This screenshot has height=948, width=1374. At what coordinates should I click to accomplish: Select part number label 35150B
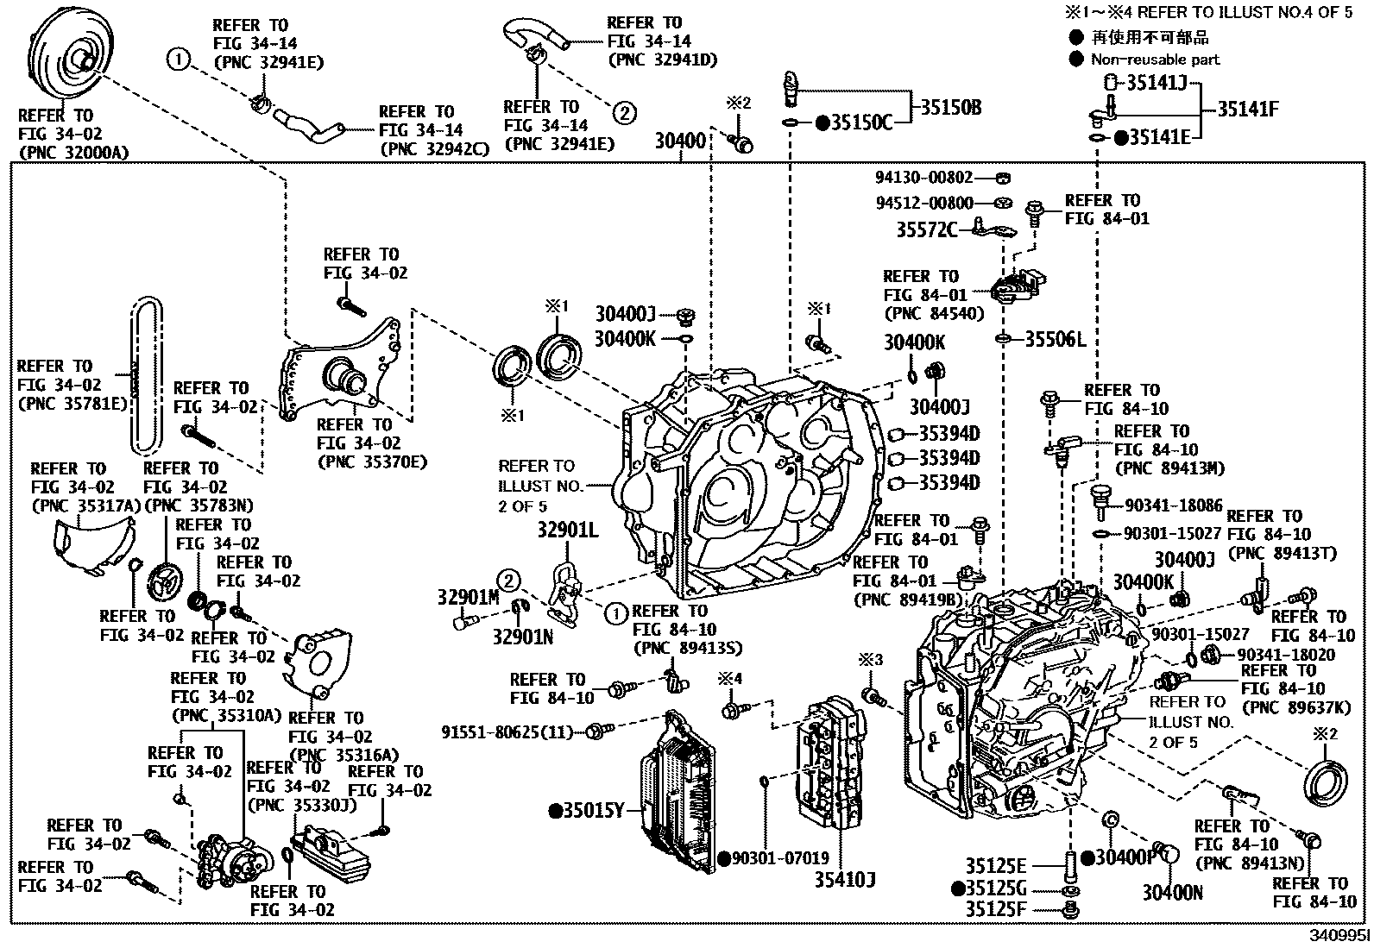coord(949,108)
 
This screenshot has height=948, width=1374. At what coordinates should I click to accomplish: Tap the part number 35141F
coord(1247,110)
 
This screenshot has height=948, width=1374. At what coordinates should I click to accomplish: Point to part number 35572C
coord(926,229)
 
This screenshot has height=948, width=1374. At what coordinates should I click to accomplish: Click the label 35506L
coord(1054,339)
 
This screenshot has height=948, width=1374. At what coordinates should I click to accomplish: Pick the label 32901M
coord(468,596)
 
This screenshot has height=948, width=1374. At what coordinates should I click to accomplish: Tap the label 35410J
coord(845,880)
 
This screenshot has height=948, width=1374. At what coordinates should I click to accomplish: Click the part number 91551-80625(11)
coord(507,732)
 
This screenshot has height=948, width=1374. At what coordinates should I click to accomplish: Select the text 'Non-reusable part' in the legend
coord(1155,60)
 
